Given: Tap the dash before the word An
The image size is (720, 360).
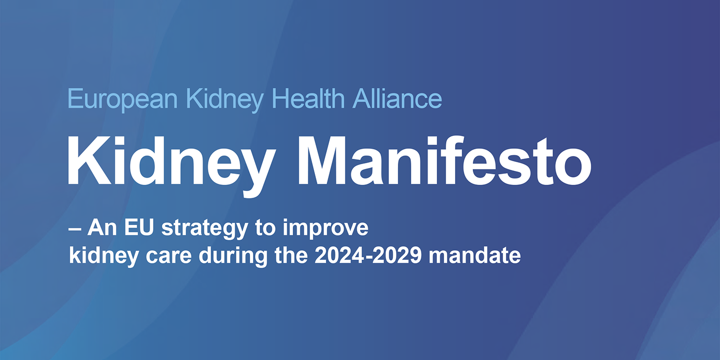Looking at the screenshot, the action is (x=74, y=229).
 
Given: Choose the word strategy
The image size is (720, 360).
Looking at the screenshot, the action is (x=205, y=229).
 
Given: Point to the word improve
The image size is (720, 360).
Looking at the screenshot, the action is (x=325, y=229).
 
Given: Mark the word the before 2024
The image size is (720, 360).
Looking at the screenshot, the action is (x=291, y=255).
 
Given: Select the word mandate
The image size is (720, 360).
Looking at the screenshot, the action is (x=475, y=255).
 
